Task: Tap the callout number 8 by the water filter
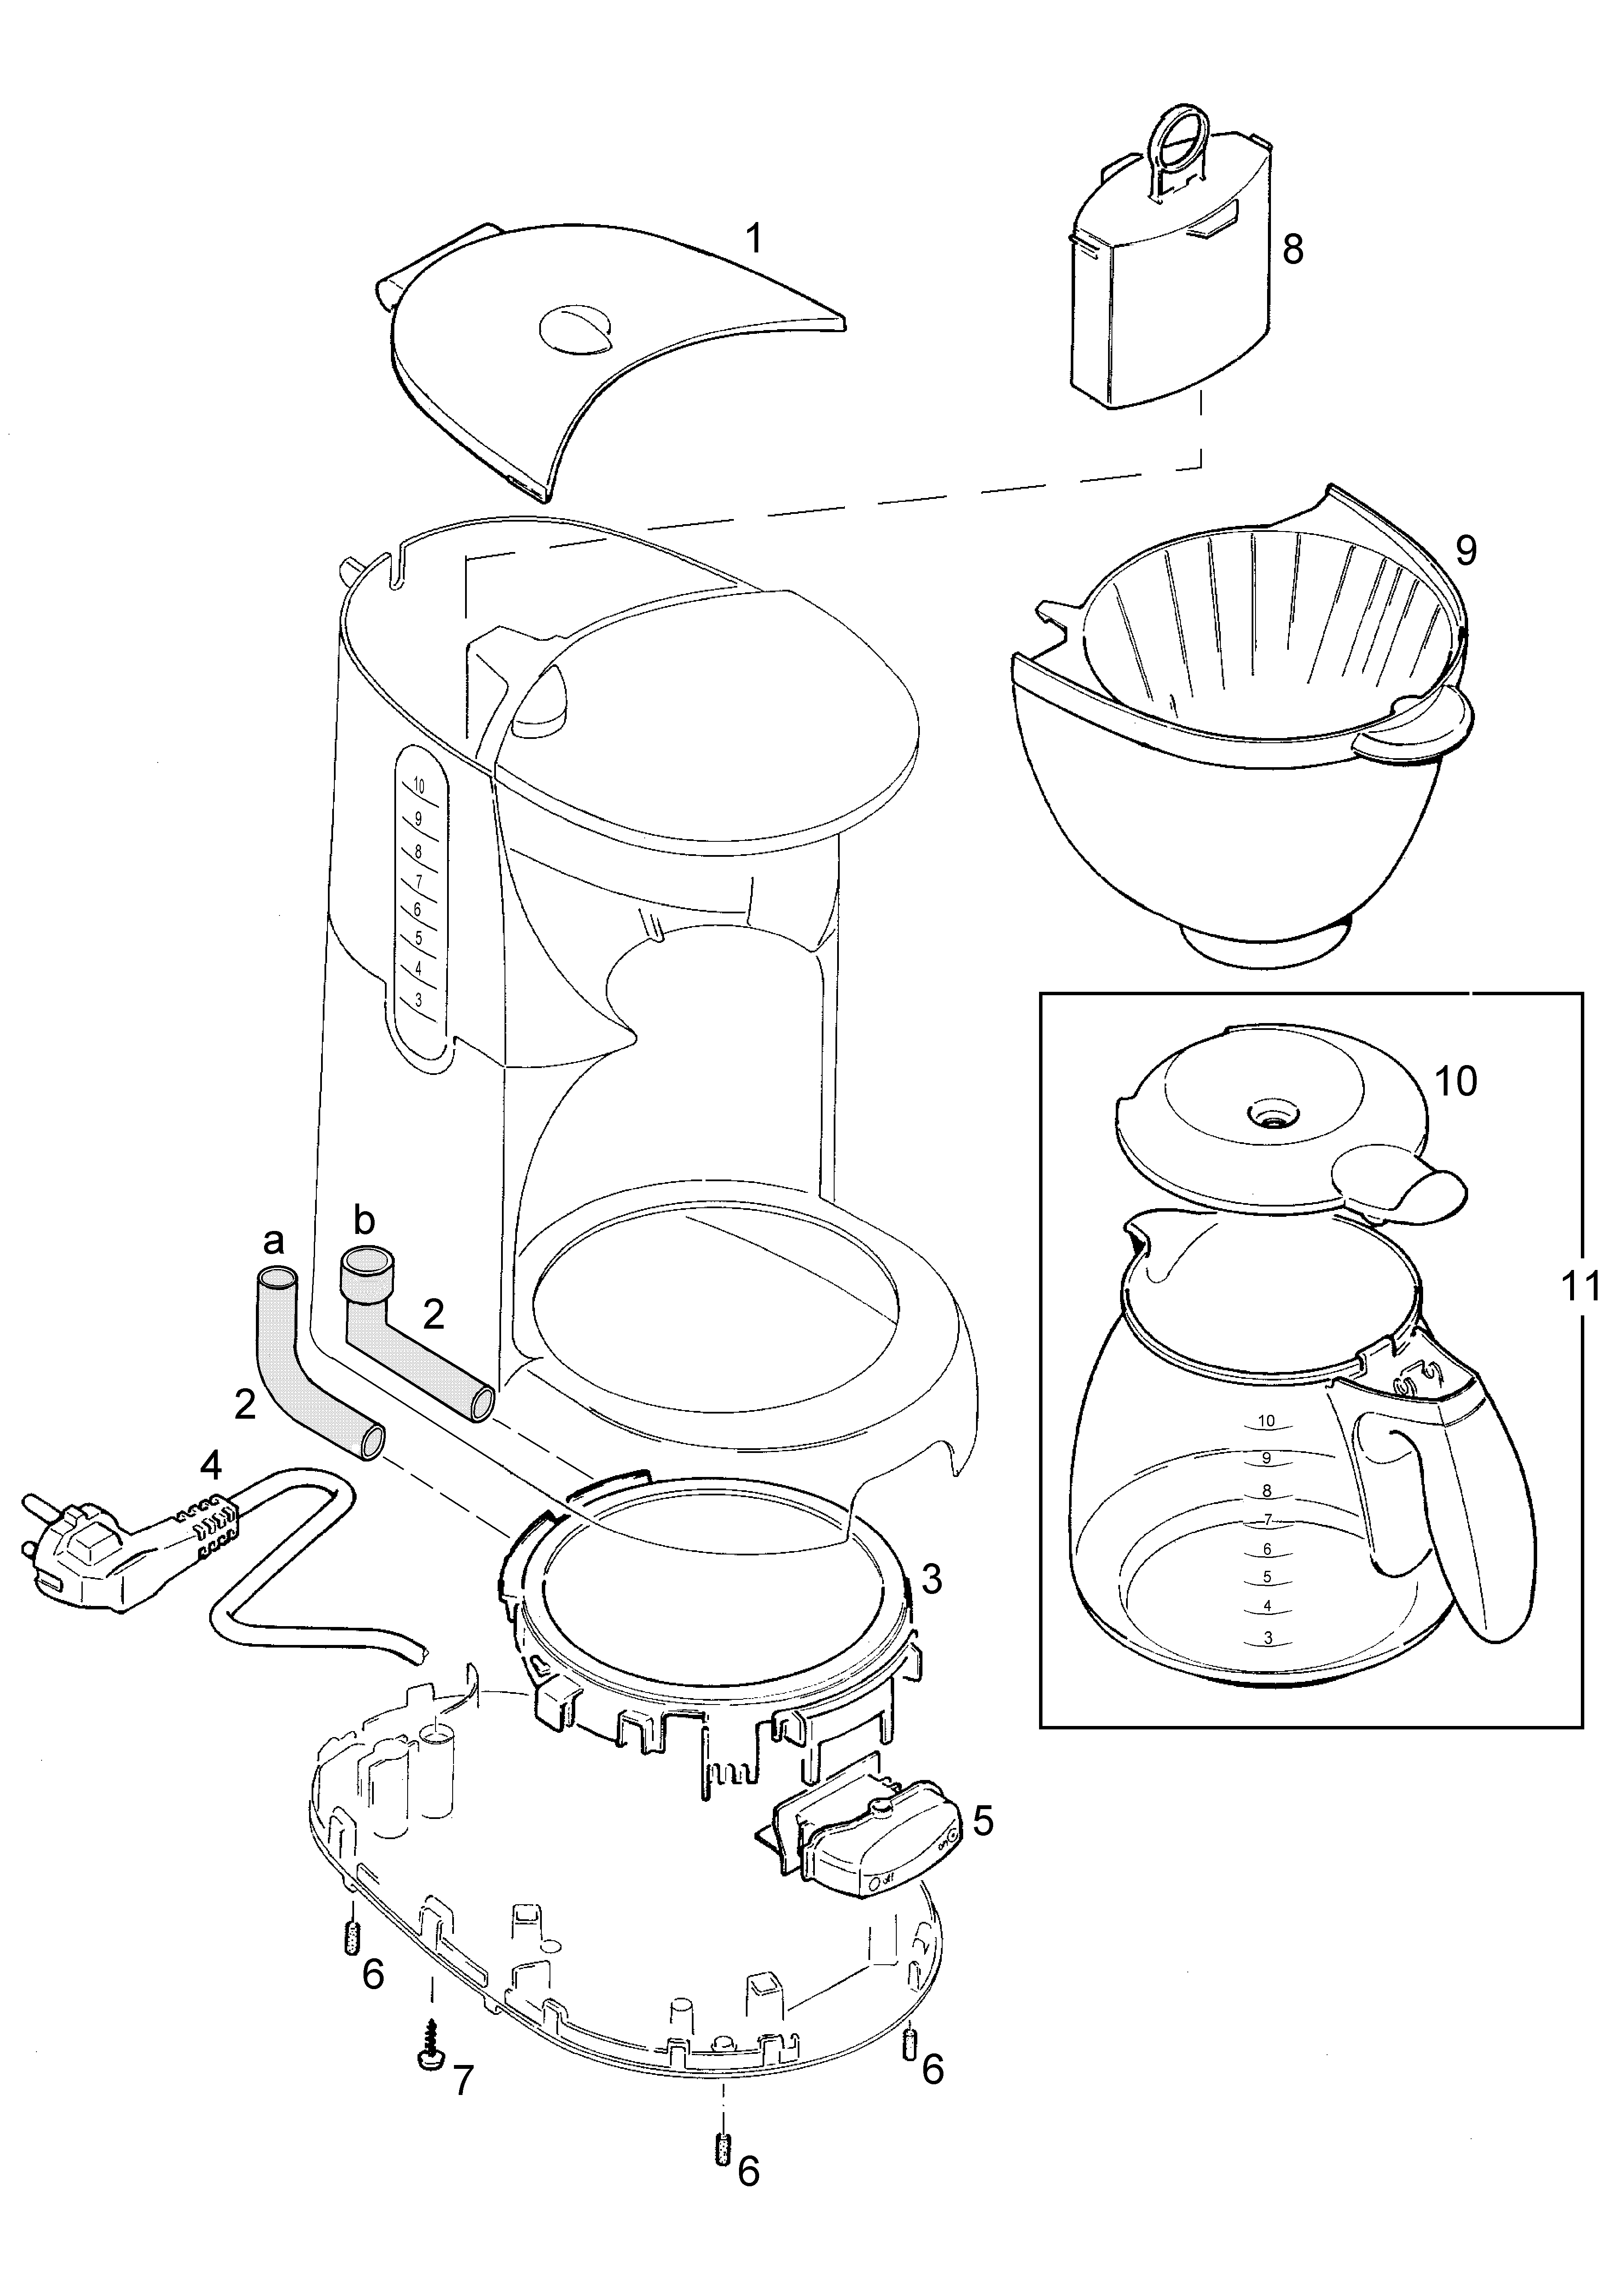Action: pyautogui.click(x=1292, y=249)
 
